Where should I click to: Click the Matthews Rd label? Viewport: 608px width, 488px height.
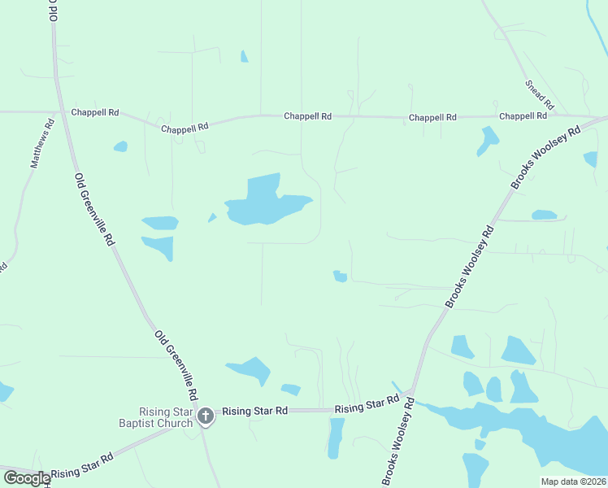pos(43,143)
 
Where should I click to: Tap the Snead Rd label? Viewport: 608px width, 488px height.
pos(540,94)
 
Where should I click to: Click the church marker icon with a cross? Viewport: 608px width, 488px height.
pos(206,417)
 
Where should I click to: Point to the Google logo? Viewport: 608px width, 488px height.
pos(27,478)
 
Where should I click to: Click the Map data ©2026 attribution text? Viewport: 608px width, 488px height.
pos(574,481)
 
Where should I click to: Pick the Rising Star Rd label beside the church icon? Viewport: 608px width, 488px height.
pos(255,412)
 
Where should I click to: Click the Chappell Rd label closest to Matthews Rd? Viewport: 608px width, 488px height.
pos(94,113)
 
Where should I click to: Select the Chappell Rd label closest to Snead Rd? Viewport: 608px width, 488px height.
pos(522,116)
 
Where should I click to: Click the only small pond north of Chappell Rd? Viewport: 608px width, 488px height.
pos(244,56)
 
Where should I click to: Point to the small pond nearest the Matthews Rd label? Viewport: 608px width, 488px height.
pos(120,146)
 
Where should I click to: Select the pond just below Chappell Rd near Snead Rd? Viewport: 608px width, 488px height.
pos(488,140)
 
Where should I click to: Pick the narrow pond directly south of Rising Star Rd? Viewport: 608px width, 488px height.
pos(336,438)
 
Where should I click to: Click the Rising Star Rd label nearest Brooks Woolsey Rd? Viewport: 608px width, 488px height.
pos(367,403)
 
